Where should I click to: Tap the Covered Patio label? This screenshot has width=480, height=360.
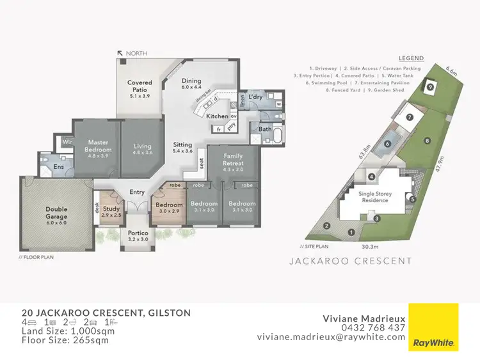(139, 86)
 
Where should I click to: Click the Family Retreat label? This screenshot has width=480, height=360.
(233, 159)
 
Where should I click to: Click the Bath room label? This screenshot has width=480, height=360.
(265, 129)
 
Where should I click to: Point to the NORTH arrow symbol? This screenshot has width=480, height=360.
(120, 54)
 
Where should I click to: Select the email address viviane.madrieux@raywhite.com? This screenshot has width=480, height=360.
(331, 337)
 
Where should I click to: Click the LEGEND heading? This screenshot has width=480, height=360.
(410, 58)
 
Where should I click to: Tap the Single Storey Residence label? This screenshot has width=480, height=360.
(374, 197)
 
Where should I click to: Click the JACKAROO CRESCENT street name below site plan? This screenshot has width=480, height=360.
(351, 261)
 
